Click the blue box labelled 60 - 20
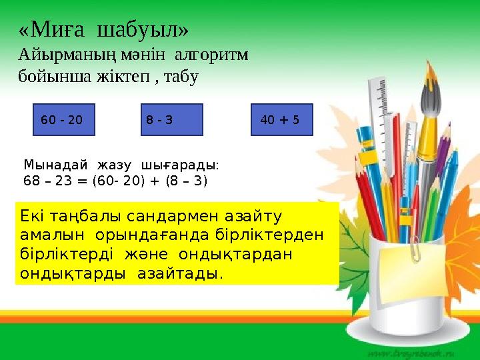(x=64, y=120)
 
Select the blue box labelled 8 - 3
(x=171, y=120)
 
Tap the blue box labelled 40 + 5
(x=281, y=120)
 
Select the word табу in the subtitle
(x=181, y=77)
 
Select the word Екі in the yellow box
(x=34, y=217)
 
